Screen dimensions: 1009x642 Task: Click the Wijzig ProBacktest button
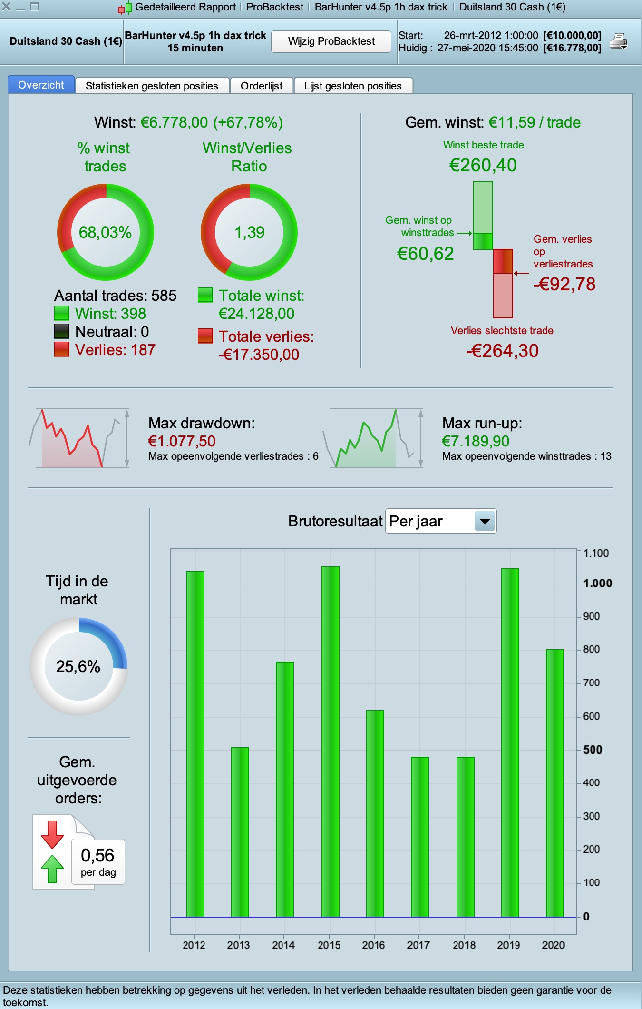331,41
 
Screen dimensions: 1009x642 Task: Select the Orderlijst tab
262,86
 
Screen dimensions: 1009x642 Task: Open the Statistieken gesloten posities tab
152,86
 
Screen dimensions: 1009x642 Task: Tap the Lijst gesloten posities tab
353,86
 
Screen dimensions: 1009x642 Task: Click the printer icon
618,42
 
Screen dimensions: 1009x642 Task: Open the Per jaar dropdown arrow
485,521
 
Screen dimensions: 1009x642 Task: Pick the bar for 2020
555,783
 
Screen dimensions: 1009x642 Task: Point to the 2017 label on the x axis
418,945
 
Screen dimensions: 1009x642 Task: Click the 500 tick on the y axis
593,750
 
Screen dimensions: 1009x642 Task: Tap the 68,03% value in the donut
105,232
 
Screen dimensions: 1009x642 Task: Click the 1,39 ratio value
250,232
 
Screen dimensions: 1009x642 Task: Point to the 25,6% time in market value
78,666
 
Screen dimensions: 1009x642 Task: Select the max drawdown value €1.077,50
182,441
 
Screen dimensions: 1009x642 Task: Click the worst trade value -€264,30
502,351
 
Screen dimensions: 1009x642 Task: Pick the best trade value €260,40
483,165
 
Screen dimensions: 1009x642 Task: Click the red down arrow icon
52,834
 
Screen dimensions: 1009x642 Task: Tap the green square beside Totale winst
205,295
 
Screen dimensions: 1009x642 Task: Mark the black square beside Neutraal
62,331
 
